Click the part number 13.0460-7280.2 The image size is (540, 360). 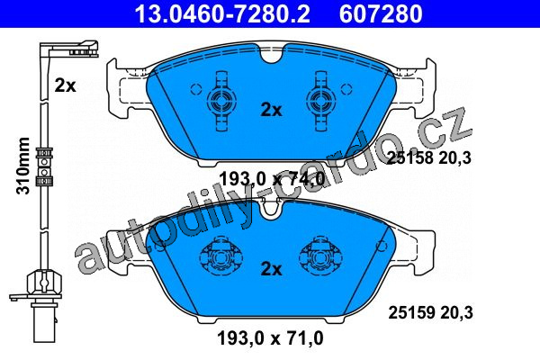coord(222,13)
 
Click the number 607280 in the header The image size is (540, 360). coord(381,13)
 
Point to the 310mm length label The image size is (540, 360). coord(23,166)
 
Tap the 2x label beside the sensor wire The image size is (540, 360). coord(65,85)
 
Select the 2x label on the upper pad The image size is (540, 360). coord(271,110)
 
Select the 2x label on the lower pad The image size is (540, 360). coord(271,269)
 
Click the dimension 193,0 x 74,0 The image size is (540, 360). coord(272,179)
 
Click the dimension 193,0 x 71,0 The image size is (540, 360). coord(270,338)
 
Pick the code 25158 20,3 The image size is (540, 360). coord(429,158)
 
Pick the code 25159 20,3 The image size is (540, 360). coord(430,313)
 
